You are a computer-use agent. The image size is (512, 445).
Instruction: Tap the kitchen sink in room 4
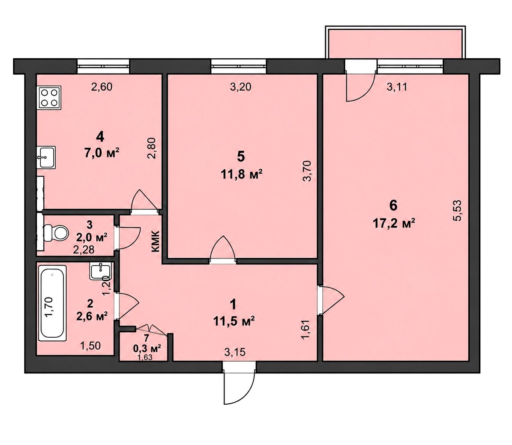point(46,157)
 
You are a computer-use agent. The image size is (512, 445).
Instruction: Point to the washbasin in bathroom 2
point(100,272)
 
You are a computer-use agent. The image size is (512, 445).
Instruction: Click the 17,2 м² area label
point(394,224)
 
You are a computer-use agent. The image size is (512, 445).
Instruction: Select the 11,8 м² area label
point(241,175)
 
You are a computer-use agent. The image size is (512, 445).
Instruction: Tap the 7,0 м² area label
point(102,153)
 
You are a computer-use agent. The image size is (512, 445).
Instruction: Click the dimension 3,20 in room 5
point(240,87)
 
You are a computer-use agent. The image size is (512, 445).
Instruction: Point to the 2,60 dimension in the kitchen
point(102,87)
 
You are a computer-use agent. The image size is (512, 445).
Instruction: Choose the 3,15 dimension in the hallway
point(235,352)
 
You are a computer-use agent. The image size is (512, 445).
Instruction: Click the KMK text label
point(155,241)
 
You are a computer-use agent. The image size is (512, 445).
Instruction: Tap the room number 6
point(393,206)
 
